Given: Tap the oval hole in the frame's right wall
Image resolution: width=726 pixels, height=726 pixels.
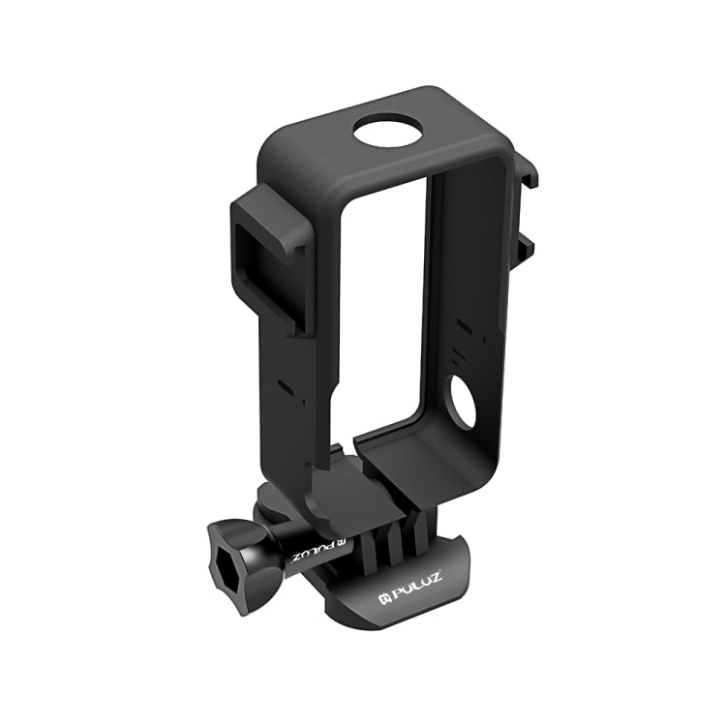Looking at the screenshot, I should pyautogui.click(x=461, y=403).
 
